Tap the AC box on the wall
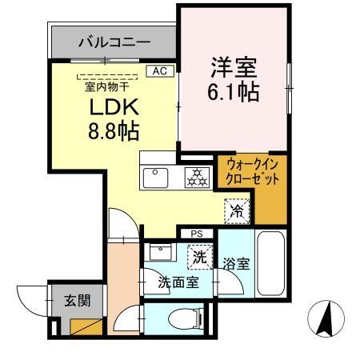[159, 70]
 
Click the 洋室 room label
[234, 63]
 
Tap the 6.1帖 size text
[234, 90]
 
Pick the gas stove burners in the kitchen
[196, 178]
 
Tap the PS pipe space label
[196, 234]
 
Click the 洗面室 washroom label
[178, 282]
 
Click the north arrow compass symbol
[326, 318]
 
